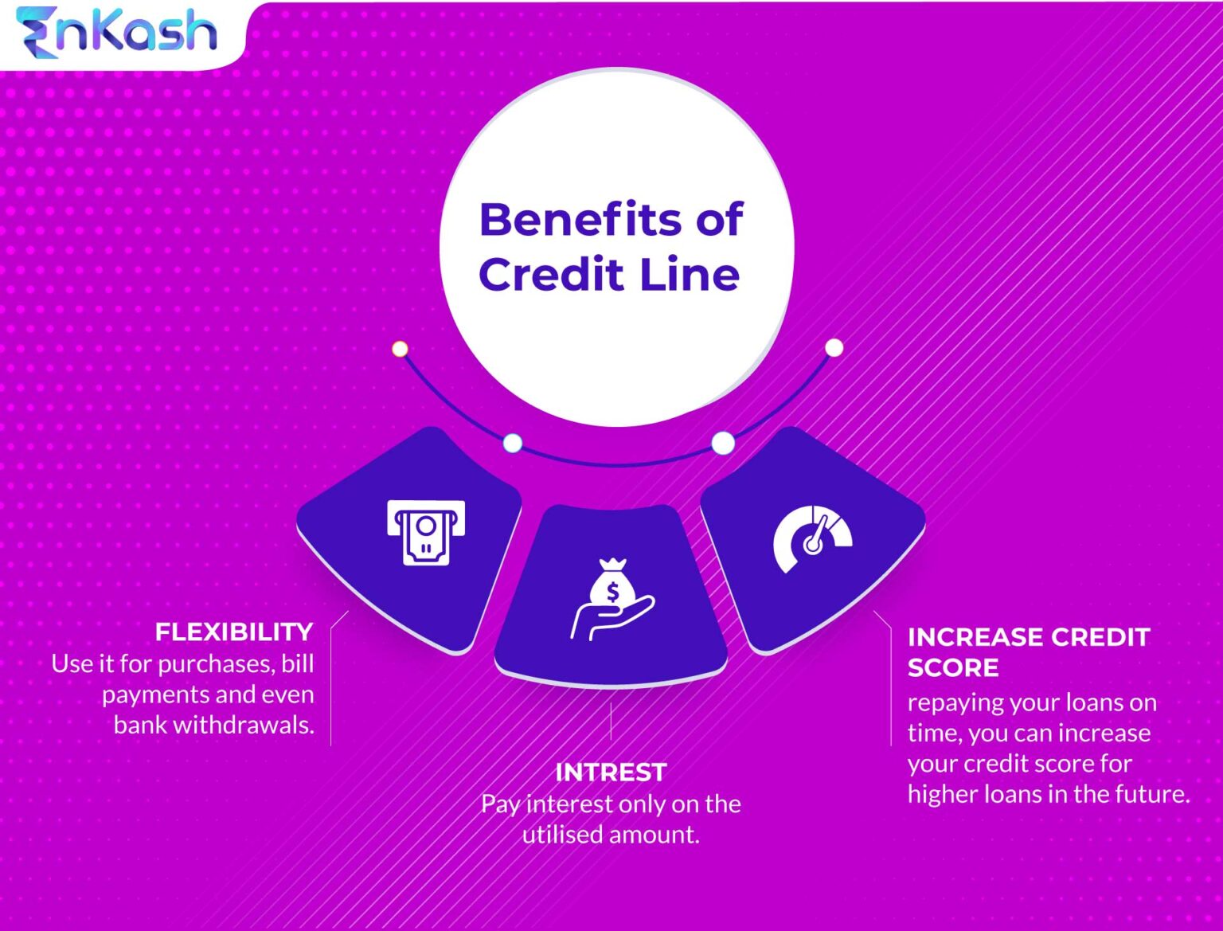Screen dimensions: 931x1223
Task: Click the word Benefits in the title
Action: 579,220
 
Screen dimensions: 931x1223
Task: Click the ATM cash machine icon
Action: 426,532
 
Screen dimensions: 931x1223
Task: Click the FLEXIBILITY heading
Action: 234,632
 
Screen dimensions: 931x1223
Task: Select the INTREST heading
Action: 611,773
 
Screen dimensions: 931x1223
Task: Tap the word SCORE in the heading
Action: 953,667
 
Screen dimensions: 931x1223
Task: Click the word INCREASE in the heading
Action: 975,637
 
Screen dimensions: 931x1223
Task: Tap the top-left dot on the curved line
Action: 400,349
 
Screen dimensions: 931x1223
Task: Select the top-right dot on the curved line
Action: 834,348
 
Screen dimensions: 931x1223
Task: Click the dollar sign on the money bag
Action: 612,593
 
